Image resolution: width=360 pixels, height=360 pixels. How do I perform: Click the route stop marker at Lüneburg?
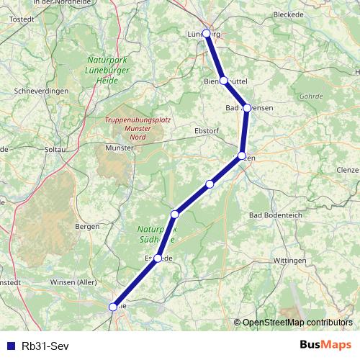tap(207, 34)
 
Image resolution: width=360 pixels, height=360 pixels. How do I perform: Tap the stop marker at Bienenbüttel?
tap(224, 81)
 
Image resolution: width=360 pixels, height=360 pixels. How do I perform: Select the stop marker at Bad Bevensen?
tap(247, 108)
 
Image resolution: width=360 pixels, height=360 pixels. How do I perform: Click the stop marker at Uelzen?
tap(242, 156)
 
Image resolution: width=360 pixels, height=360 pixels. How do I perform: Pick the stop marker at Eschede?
tap(158, 258)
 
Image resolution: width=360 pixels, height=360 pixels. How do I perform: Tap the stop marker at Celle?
tap(113, 307)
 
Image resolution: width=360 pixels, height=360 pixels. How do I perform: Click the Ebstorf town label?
tap(207, 131)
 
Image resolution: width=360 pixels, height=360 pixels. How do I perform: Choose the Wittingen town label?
tap(290, 260)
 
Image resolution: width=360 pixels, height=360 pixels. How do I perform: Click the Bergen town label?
tap(86, 226)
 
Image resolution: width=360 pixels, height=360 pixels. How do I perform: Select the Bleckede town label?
tap(289, 14)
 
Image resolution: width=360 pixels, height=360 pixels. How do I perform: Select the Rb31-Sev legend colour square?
tap(9, 345)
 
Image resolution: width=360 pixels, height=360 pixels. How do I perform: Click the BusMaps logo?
tap(325, 344)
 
